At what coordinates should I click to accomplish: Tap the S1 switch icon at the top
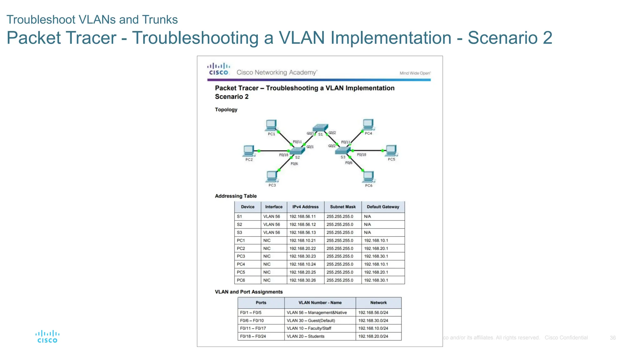click(321, 127)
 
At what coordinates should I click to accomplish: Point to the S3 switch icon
click(342, 151)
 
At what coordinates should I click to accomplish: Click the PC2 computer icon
click(249, 151)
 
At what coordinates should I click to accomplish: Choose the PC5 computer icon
click(391, 150)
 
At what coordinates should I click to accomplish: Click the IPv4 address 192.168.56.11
click(302, 216)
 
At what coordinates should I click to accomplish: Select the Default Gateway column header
click(383, 207)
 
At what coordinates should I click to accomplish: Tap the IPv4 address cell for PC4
click(302, 264)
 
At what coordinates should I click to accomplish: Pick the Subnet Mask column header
click(343, 207)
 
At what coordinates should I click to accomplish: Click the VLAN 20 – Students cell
click(305, 336)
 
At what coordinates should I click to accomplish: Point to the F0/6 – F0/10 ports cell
click(252, 320)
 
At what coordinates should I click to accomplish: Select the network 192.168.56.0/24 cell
click(373, 312)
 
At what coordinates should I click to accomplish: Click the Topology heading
click(226, 110)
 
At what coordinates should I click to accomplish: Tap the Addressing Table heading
click(236, 196)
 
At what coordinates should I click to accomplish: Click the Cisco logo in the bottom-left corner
click(47, 337)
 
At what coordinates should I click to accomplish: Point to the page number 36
click(612, 338)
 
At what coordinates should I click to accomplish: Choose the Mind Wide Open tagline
click(415, 73)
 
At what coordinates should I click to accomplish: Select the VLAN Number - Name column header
click(320, 302)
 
